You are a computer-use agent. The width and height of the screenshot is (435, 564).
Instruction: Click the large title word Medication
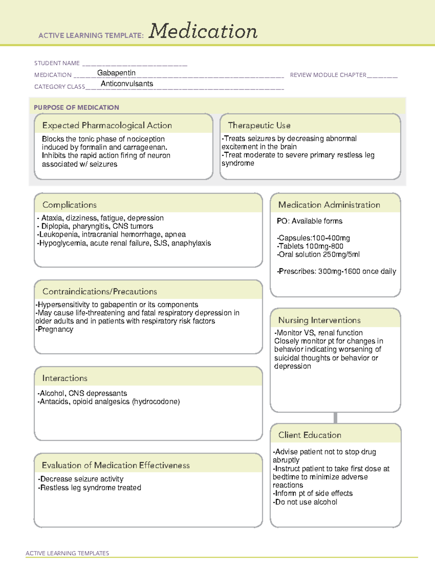[x=203, y=31]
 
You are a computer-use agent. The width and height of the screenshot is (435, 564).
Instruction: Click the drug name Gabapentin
[x=116, y=73]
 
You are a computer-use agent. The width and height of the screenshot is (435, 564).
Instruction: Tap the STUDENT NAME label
[x=57, y=63]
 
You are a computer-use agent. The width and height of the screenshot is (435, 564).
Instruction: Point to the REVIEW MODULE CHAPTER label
[x=328, y=75]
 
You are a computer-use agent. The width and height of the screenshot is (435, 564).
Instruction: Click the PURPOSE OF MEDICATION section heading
[x=76, y=107]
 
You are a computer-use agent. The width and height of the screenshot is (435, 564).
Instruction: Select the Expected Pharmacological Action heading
[x=107, y=125]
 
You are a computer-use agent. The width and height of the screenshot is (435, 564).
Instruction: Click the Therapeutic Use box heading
[x=259, y=125]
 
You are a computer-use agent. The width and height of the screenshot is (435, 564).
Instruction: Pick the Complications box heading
[x=70, y=205]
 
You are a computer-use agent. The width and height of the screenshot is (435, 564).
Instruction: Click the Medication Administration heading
[x=329, y=205]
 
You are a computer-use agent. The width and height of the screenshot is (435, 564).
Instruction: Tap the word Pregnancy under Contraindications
[x=55, y=329]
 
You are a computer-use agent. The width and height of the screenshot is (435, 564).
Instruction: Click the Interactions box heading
[x=65, y=378]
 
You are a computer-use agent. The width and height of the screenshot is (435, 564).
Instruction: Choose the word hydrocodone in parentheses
[x=156, y=402]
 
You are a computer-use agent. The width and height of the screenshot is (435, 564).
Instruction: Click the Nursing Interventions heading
[x=319, y=320]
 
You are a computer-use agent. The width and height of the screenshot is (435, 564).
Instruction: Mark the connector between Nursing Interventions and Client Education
[x=335, y=418]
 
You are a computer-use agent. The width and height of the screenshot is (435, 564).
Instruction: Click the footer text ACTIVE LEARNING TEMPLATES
[x=67, y=553]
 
